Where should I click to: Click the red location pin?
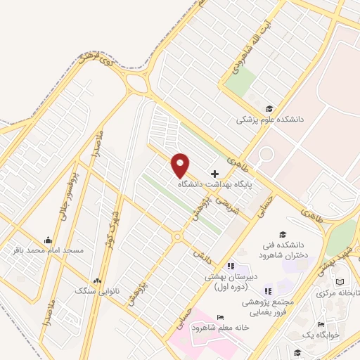pyautogui.click(x=181, y=165)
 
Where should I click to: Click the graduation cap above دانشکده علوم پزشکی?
pyautogui.click(x=269, y=108)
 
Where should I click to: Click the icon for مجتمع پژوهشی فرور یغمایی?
pyautogui.click(x=268, y=291)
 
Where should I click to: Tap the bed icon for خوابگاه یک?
pyautogui.click(x=321, y=324)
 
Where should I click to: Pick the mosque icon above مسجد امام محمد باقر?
pyautogui.click(x=47, y=240)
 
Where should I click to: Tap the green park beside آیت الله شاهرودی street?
pyautogui.click(x=240, y=84)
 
